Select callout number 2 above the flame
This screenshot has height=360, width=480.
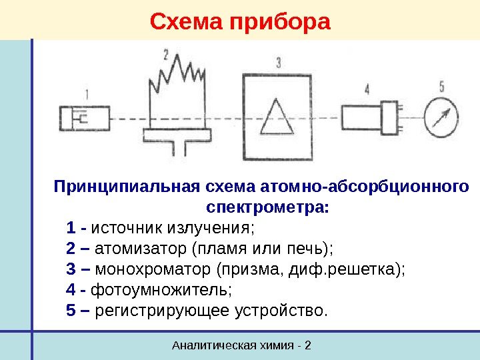(166, 53)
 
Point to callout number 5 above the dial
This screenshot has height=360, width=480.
(441, 85)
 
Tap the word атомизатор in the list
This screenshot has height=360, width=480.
(142, 249)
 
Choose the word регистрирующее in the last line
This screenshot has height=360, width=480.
(162, 311)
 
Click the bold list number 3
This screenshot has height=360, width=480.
(71, 269)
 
